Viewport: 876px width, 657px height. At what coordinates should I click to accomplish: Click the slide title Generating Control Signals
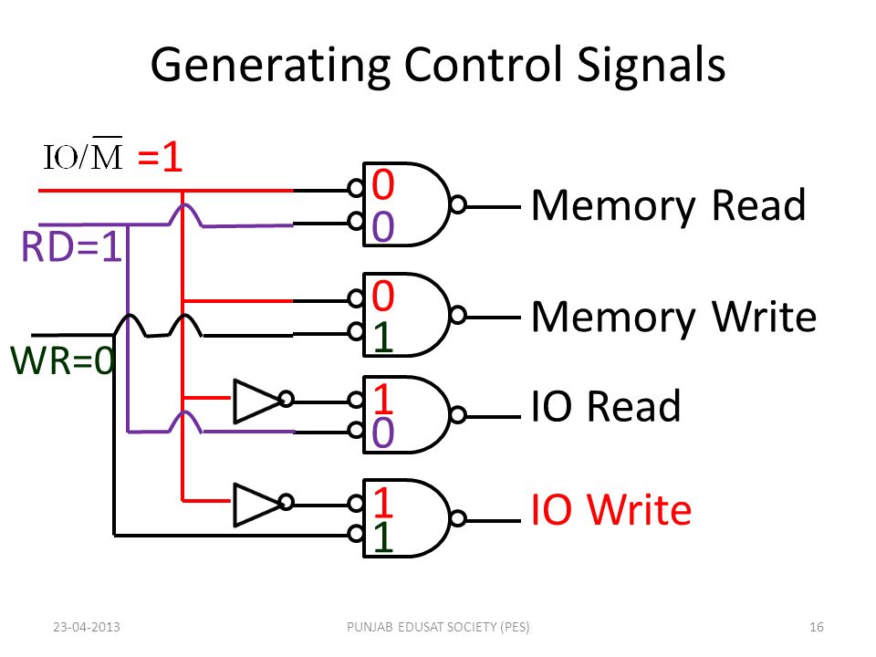(x=438, y=66)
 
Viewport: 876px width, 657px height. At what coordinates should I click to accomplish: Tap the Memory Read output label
(x=668, y=206)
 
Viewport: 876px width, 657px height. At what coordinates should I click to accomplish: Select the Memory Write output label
(x=673, y=317)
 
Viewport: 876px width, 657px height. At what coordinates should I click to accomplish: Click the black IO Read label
(x=606, y=406)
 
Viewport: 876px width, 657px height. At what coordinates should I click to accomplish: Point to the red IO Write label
(x=611, y=510)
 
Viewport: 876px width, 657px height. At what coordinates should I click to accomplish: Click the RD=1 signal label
(x=71, y=249)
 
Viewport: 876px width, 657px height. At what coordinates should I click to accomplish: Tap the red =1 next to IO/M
(x=161, y=158)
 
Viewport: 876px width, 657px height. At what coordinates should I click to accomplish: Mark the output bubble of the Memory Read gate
(x=459, y=205)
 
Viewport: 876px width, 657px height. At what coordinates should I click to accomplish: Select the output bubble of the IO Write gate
(x=459, y=518)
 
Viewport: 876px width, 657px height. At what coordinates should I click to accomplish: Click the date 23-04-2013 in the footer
(x=88, y=627)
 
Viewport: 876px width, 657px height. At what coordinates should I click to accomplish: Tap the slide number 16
(x=817, y=627)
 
